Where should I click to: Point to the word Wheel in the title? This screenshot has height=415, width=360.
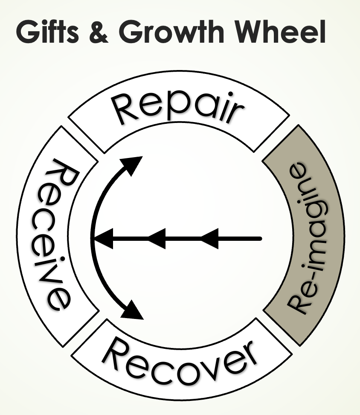click(278, 33)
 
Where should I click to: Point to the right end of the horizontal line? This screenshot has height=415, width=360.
click(260, 238)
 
